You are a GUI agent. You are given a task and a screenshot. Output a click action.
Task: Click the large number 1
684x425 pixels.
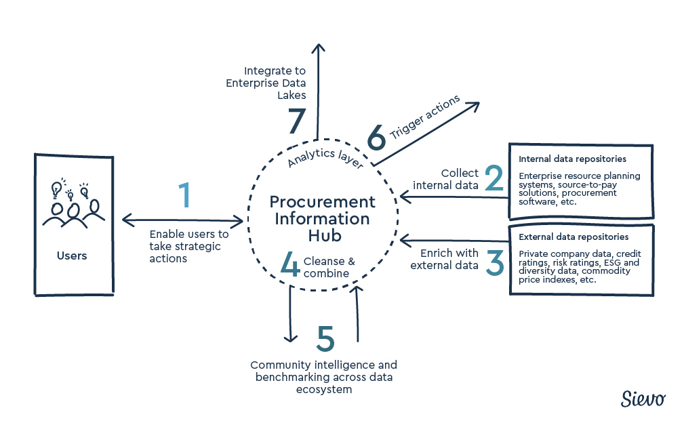(x=184, y=196)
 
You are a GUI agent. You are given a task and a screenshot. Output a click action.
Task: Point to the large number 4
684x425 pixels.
(x=290, y=266)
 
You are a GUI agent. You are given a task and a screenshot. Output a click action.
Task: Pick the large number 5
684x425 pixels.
(x=325, y=338)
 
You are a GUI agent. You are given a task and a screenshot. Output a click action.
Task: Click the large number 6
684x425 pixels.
(x=376, y=138)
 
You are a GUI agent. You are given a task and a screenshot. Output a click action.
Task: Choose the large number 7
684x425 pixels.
(x=297, y=123)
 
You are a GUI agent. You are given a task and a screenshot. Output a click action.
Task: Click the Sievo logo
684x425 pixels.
(x=643, y=399)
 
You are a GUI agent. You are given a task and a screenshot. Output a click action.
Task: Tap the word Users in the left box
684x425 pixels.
(x=72, y=256)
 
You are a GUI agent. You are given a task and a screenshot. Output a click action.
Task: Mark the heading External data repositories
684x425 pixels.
(x=574, y=237)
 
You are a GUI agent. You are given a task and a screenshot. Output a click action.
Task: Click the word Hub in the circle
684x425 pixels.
(x=322, y=236)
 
